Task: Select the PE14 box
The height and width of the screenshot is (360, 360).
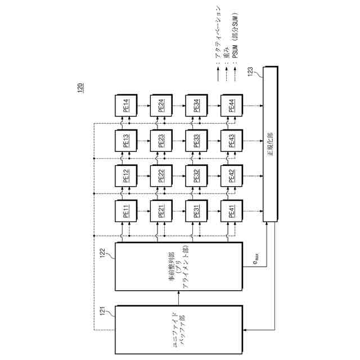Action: (126, 105)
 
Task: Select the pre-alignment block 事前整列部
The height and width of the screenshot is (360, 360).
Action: (179, 267)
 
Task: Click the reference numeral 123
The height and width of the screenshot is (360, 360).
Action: (251, 72)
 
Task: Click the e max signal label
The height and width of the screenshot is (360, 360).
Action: (255, 260)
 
